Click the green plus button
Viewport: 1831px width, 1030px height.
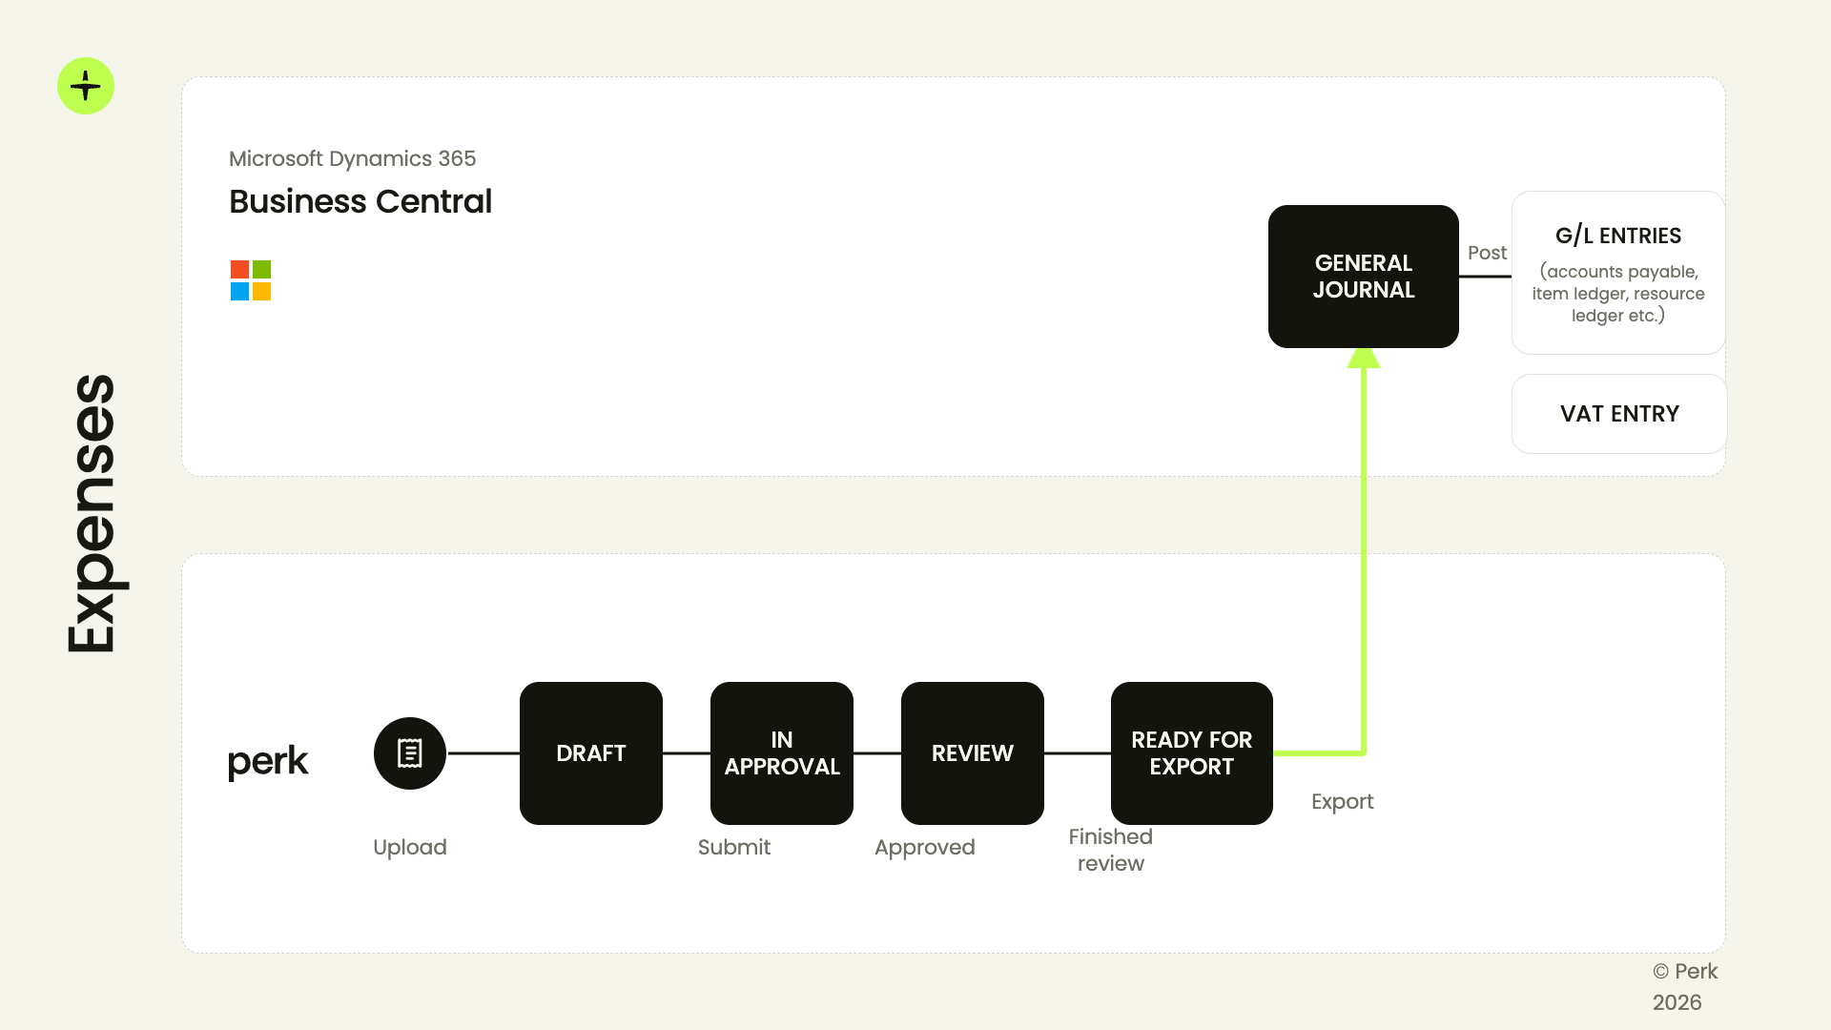pyautogui.click(x=86, y=86)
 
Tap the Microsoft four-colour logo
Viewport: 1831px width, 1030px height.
pyautogui.click(x=251, y=280)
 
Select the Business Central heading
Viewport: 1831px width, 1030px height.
pyautogui.click(x=360, y=201)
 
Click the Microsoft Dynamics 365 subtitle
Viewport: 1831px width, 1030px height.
pyautogui.click(x=352, y=158)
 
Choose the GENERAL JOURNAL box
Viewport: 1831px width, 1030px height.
pyautogui.click(x=1364, y=277)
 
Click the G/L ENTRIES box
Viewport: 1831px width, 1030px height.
pyautogui.click(x=1618, y=273)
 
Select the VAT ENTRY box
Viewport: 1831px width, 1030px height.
pyautogui.click(x=1619, y=414)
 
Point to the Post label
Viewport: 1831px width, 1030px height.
pyautogui.click(x=1487, y=253)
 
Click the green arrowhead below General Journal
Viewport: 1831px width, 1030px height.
pyautogui.click(x=1364, y=358)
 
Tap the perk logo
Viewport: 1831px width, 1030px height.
pyautogui.click(x=268, y=761)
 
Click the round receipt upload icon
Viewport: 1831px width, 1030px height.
pyautogui.click(x=410, y=753)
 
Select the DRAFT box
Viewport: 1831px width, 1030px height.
pyautogui.click(x=591, y=753)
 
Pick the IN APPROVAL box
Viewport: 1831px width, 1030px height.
pyautogui.click(x=782, y=753)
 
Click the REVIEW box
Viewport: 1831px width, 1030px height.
pyautogui.click(x=973, y=753)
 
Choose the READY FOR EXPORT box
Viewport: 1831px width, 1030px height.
pyautogui.click(x=1192, y=753)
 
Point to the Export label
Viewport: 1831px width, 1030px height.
pyautogui.click(x=1342, y=802)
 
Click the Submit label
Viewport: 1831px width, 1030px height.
pyautogui.click(x=733, y=847)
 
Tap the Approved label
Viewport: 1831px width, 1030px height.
pyautogui.click(x=924, y=848)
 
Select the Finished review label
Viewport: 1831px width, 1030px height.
pyautogui.click(x=1110, y=850)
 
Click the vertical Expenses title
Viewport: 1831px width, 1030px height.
pyautogui.click(x=93, y=513)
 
